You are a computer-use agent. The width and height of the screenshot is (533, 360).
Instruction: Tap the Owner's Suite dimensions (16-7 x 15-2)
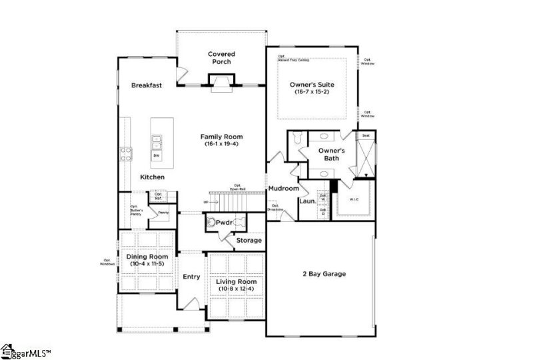pos(311,92)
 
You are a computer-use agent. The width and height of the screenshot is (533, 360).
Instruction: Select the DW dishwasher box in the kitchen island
pos(157,155)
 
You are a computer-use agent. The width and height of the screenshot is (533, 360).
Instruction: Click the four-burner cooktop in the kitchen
pos(125,154)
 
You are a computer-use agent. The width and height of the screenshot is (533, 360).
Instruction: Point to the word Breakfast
pos(147,85)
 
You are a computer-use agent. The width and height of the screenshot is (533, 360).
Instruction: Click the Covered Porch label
pos(221,58)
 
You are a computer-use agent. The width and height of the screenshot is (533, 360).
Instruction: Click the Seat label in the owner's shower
pos(365,135)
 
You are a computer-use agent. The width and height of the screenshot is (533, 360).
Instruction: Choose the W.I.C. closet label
pos(354,197)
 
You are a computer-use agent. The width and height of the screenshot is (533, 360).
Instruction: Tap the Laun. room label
pos(307,201)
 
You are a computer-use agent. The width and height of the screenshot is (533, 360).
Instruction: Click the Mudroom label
pos(283,189)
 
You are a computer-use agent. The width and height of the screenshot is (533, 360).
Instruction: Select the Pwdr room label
pos(223,223)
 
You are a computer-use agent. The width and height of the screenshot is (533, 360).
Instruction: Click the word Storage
pos(249,240)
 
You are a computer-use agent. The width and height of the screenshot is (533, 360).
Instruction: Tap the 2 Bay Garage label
pos(323,274)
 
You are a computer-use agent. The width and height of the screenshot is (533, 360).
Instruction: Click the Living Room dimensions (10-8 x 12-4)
pos(237,289)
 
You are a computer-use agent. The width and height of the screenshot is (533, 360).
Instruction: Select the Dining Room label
pos(147,257)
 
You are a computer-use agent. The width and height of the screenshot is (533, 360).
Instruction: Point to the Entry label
pos(191,277)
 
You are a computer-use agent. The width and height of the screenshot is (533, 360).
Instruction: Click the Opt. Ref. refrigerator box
pos(159,196)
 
